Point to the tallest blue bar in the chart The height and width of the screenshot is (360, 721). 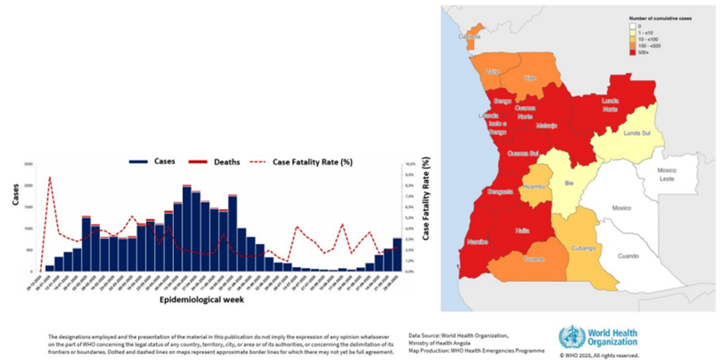click(x=187, y=228)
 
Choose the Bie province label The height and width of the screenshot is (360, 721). click(x=568, y=184)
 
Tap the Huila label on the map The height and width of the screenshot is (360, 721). click(x=521, y=228)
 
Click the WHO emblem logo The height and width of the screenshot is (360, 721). click(x=571, y=336)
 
